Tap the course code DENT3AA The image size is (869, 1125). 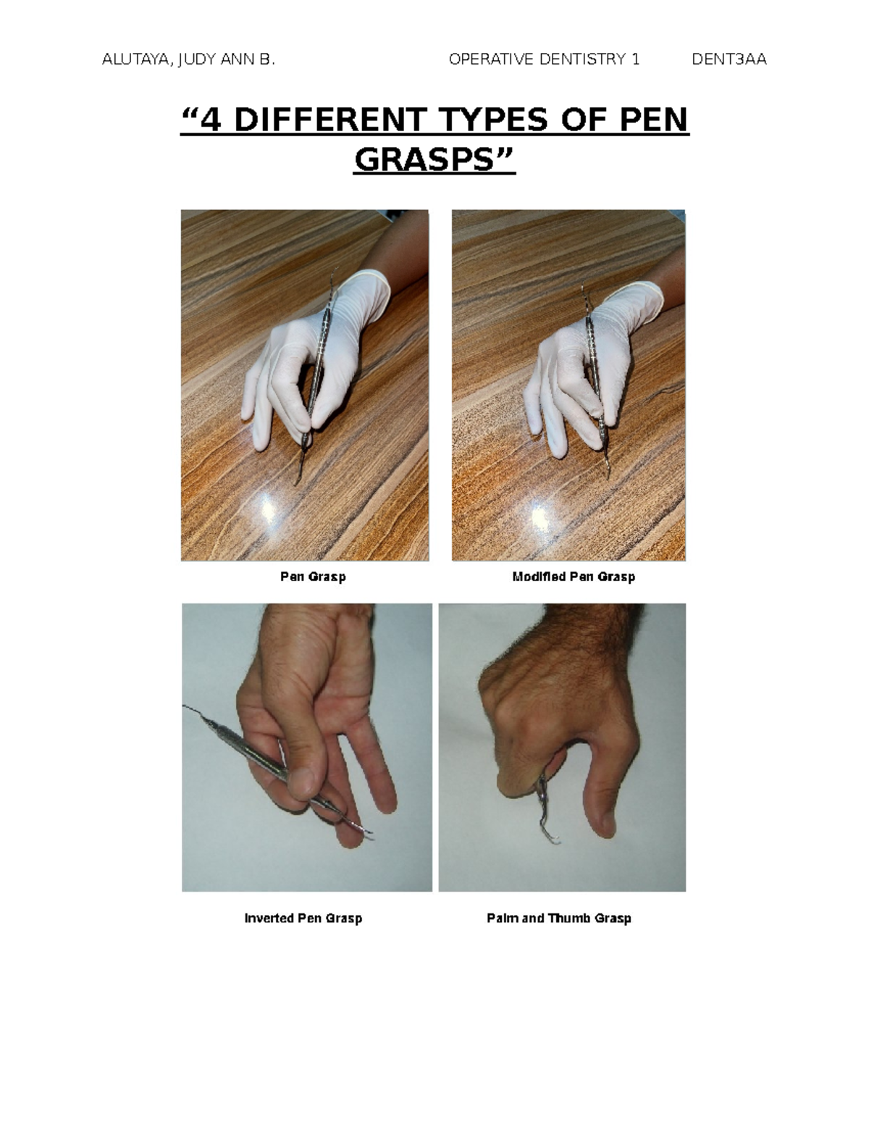(729, 59)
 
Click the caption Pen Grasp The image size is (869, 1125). (313, 577)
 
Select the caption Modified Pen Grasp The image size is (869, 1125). (573, 577)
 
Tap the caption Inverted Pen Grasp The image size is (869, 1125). (303, 918)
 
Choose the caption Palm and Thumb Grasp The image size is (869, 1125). (558, 918)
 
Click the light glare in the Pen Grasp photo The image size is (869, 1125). (268, 509)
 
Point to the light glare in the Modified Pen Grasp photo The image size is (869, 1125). (541, 516)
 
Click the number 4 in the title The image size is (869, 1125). (211, 120)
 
